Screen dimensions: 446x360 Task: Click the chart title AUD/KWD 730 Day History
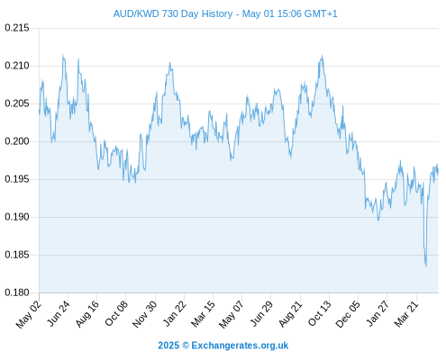pyautogui.click(x=173, y=13)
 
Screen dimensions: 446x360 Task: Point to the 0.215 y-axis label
pyautogui.click(x=17, y=28)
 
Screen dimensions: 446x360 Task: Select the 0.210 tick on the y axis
pyautogui.click(x=17, y=66)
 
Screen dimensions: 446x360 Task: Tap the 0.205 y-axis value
pyautogui.click(x=17, y=103)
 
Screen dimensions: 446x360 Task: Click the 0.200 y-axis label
pyautogui.click(x=17, y=141)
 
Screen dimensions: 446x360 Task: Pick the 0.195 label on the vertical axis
pyautogui.click(x=17, y=179)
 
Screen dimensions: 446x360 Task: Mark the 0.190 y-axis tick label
pyautogui.click(x=17, y=217)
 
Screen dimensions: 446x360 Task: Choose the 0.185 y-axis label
pyautogui.click(x=17, y=255)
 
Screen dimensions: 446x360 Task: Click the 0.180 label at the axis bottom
pyautogui.click(x=17, y=292)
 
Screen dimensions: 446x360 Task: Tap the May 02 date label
pyautogui.click(x=29, y=314)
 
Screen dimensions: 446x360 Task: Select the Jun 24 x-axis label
pyautogui.click(x=59, y=313)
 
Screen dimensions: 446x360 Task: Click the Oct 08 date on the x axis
pyautogui.click(x=116, y=313)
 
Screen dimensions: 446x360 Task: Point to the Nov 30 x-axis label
pyautogui.click(x=144, y=314)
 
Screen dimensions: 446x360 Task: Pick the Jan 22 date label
pyautogui.click(x=175, y=313)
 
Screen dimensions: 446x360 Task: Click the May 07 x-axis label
pyautogui.click(x=231, y=314)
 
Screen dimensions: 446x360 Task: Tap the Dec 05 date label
pyautogui.click(x=347, y=314)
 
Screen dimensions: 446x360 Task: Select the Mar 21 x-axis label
pyautogui.click(x=406, y=313)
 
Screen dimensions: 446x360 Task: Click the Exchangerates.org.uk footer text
pyautogui.click(x=240, y=346)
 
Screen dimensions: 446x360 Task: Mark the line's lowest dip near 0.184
pyautogui.click(x=426, y=265)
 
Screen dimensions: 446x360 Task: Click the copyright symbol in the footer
pyautogui.click(x=186, y=346)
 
